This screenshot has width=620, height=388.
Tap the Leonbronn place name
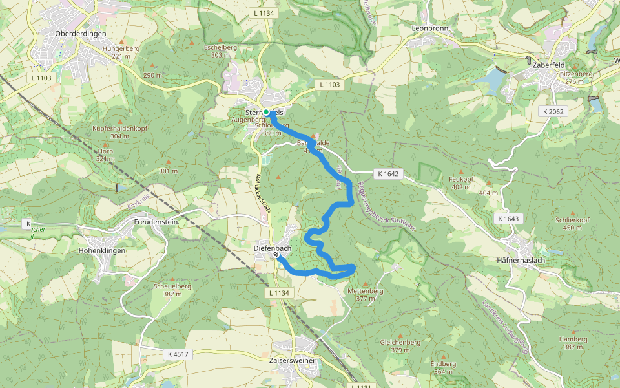[430, 28]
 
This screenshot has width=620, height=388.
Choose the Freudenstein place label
[155, 222]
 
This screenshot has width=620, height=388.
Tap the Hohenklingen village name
[101, 250]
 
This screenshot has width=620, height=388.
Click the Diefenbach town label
[273, 248]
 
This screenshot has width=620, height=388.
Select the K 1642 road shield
[388, 174]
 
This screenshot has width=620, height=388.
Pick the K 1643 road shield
[508, 219]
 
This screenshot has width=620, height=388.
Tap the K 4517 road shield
[177, 354]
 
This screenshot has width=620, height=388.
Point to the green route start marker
[266, 112]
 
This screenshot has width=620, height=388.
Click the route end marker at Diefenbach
[276, 255]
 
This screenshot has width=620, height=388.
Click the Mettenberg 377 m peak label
[366, 295]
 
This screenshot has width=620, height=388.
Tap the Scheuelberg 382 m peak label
[171, 290]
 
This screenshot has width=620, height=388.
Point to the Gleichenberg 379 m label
[400, 346]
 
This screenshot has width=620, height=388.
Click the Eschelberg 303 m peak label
[216, 51]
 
